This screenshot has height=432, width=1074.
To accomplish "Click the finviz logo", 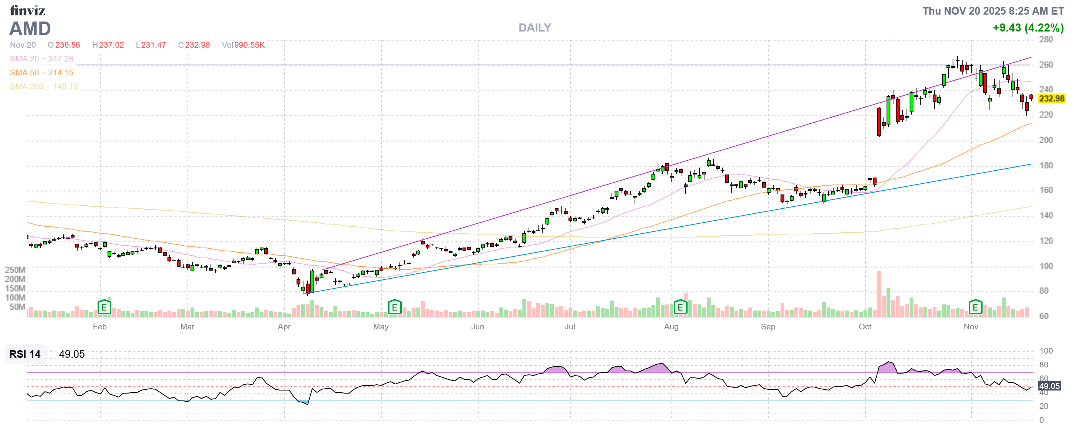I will point(28,10).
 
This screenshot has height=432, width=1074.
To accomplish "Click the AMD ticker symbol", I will point(30,28).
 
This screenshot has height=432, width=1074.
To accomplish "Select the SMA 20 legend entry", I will point(24,59).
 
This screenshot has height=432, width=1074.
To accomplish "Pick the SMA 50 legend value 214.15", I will point(60,73).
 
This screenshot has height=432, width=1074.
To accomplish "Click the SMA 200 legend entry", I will point(27,86).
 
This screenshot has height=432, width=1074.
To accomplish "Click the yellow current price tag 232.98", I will point(1051,98).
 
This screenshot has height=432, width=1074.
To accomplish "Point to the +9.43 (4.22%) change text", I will point(1028,28).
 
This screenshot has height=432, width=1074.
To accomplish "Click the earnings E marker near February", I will point(104,307).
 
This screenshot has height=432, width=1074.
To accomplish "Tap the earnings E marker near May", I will point(394,307).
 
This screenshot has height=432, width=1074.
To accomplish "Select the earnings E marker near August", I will point(680,307).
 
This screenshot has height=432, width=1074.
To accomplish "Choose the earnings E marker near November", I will point(975,307).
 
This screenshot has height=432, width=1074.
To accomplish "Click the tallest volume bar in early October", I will point(879,294).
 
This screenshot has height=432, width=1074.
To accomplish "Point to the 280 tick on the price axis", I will point(1045,40).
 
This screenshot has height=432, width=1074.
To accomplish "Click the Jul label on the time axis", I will point(570,327).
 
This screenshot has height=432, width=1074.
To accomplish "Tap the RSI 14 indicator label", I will point(25,354).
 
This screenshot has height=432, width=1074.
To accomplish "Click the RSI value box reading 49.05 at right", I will point(1049,386).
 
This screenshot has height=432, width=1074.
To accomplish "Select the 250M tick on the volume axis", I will point(15,270).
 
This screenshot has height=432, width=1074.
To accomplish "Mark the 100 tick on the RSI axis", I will point(1045,351).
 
